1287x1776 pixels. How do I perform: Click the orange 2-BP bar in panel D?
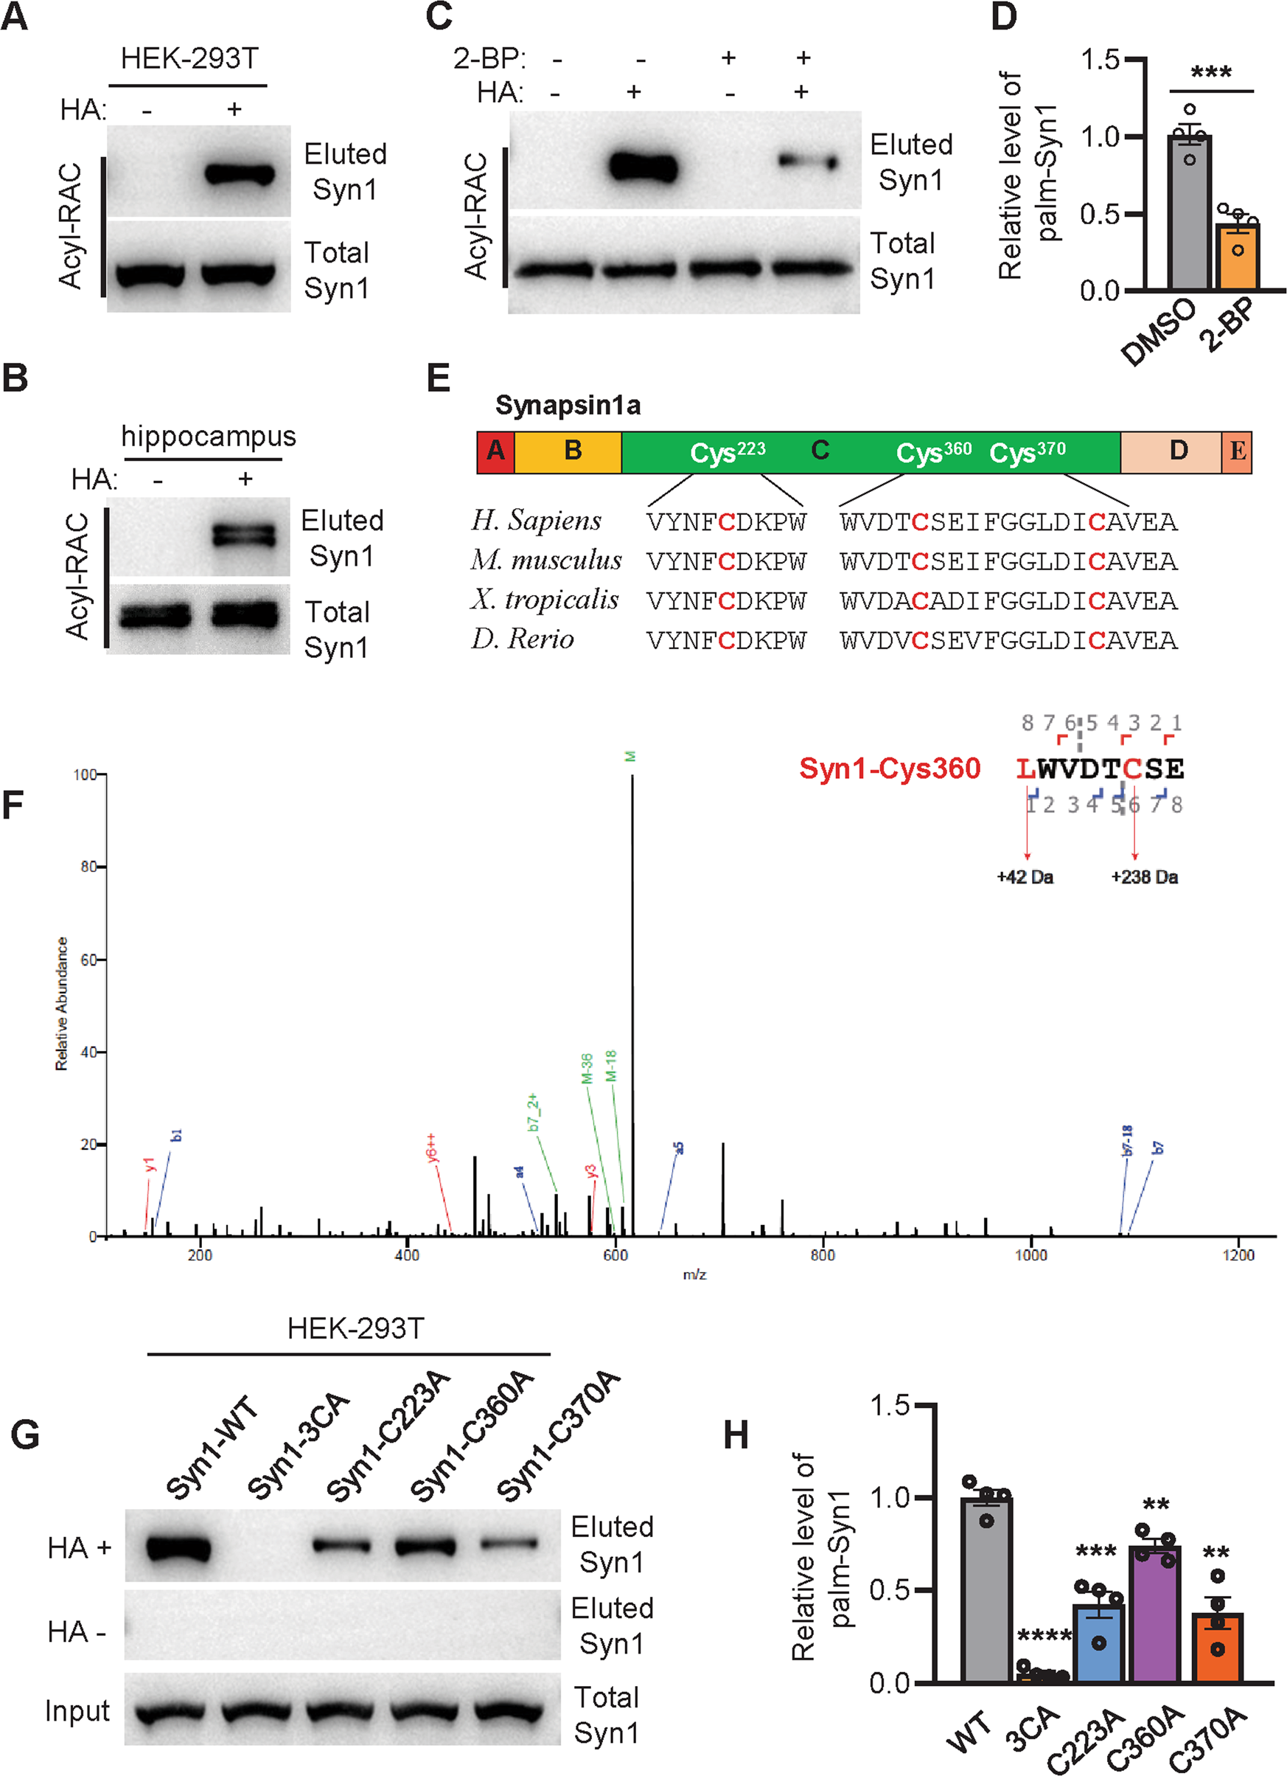(1237, 258)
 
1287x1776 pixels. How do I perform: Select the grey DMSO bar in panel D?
(1189, 215)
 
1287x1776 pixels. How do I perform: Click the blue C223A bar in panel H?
(1099, 1645)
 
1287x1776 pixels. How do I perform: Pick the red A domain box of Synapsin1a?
(495, 452)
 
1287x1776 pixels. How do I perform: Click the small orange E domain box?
(1237, 452)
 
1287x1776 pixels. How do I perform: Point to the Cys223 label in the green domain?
(728, 452)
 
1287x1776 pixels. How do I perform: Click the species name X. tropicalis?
(545, 600)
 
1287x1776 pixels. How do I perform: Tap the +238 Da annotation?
(1145, 877)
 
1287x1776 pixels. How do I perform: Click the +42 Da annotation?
(1025, 877)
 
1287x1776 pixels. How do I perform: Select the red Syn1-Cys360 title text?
(889, 769)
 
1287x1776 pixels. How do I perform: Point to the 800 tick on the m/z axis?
(823, 1255)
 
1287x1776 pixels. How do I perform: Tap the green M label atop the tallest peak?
(631, 757)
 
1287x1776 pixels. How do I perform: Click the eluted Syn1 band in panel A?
(240, 173)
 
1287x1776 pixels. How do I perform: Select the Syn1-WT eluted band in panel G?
(178, 1548)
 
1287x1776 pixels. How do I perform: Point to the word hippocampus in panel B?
(209, 436)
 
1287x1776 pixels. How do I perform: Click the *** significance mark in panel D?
(1211, 74)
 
